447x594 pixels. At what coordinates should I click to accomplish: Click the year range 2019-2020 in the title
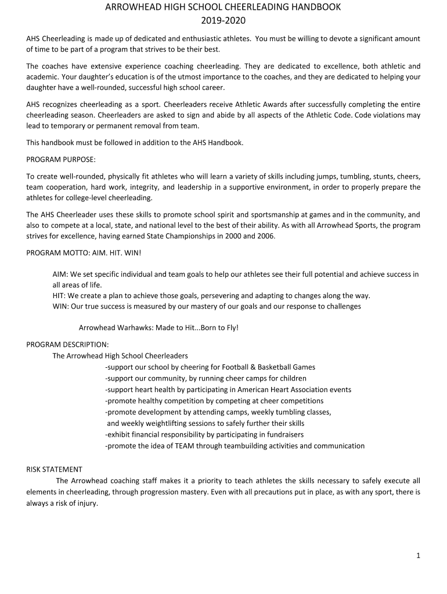coord(223,21)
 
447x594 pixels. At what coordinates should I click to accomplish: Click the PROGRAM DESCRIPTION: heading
coord(67,344)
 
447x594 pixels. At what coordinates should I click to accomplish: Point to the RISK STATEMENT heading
coord(55,469)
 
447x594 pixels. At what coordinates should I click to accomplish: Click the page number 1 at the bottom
coord(418,556)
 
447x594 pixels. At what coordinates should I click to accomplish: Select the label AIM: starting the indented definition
coord(60,274)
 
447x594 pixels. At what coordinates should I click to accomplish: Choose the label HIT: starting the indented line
coord(59,295)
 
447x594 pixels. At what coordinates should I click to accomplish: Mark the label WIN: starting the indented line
coord(60,306)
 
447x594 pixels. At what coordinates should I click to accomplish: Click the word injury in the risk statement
coord(86,503)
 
